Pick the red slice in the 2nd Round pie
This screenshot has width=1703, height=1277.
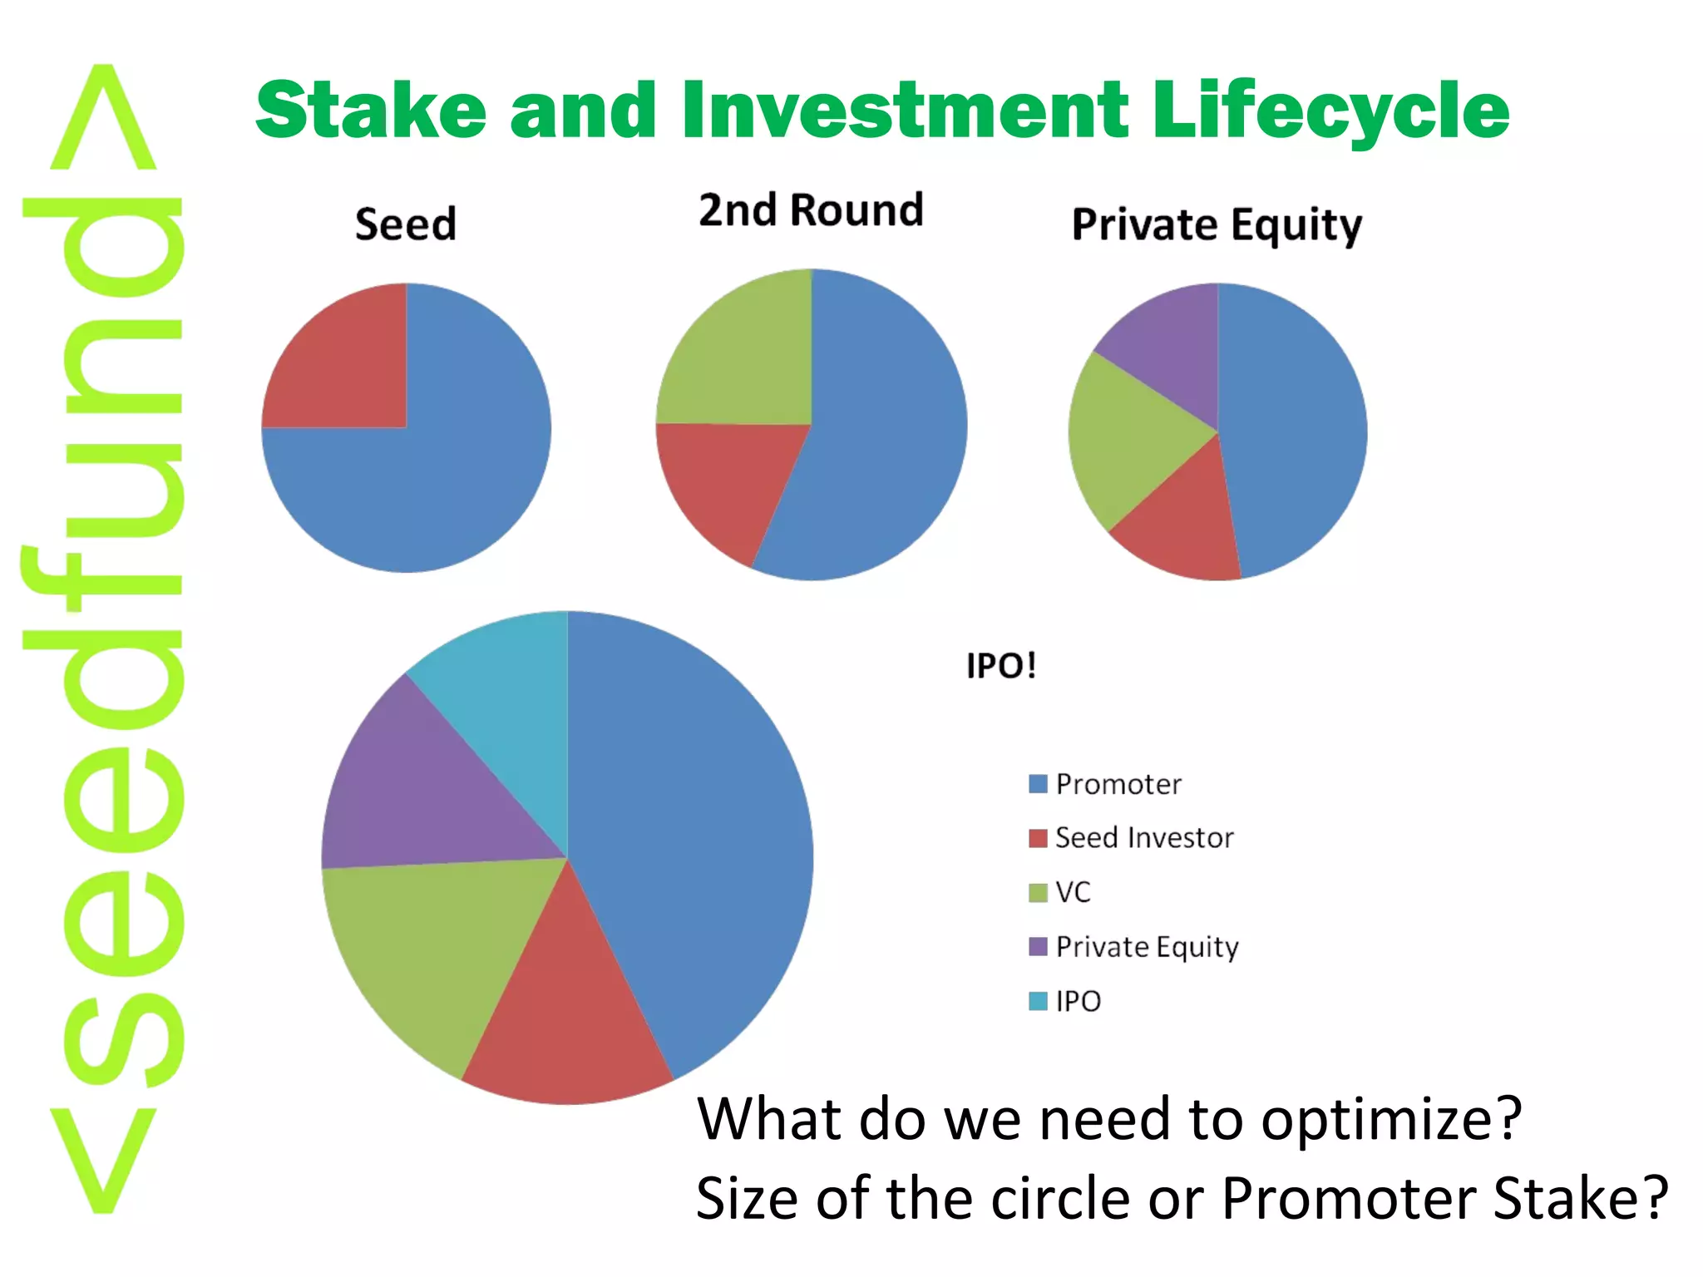(732, 482)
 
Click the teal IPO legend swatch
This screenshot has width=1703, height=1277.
(1038, 1001)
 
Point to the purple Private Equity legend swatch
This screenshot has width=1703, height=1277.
(1038, 947)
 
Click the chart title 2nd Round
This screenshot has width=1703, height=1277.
(811, 210)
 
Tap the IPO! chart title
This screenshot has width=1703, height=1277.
(1001, 666)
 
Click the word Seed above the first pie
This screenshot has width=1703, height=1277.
(406, 224)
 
